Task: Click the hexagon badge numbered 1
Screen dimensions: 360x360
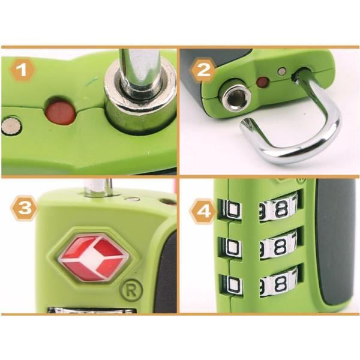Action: point(23,70)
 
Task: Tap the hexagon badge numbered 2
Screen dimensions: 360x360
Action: point(203,70)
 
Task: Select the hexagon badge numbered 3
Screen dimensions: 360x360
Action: point(24,209)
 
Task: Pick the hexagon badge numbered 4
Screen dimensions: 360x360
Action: point(203,211)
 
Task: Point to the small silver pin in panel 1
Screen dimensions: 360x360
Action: point(12,126)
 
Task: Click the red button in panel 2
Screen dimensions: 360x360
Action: point(263,82)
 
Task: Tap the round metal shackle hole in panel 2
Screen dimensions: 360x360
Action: point(232,95)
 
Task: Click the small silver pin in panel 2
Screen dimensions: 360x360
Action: point(281,71)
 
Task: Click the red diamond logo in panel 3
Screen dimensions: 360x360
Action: point(94,257)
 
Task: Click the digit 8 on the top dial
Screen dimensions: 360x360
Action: point(281,209)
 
